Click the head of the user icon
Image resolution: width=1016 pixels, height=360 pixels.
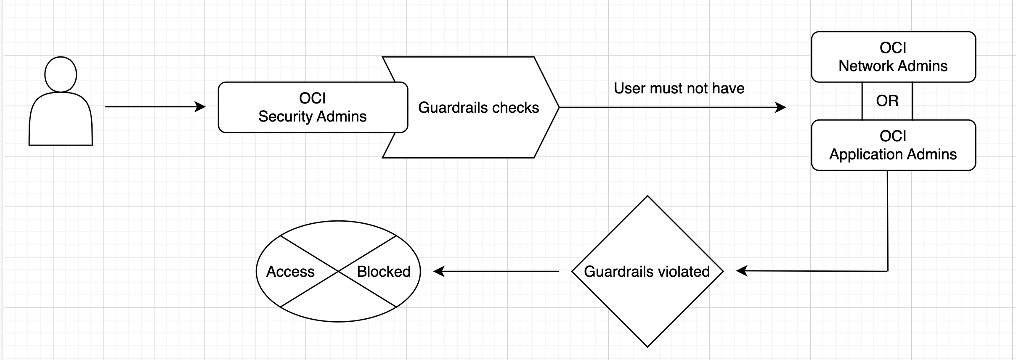[61, 74]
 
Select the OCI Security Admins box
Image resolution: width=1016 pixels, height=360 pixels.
[313, 107]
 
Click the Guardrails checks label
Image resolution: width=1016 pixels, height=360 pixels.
[478, 108]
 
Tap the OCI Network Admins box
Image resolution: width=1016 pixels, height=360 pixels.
[893, 57]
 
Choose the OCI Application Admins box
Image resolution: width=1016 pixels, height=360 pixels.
[893, 145]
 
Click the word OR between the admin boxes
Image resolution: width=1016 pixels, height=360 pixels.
[887, 101]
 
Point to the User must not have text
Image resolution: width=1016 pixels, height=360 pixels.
[679, 88]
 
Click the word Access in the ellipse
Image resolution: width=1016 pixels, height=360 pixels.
[290, 272]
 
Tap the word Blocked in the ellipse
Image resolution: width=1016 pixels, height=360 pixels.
[383, 272]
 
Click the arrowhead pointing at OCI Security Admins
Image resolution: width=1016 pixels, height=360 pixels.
[201, 107]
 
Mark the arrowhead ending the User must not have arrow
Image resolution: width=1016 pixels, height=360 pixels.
[781, 107]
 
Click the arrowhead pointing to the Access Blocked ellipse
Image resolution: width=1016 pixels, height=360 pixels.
[438, 271]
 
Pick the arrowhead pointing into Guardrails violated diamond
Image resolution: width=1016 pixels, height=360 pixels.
[741, 271]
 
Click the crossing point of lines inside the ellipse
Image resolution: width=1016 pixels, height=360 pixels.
[338, 271]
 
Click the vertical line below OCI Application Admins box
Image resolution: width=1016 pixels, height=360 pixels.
[887, 219]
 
